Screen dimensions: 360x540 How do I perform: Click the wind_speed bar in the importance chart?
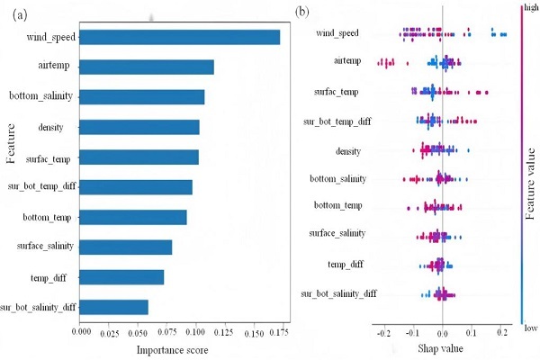click(x=180, y=37)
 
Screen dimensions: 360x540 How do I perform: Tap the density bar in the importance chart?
click(x=139, y=127)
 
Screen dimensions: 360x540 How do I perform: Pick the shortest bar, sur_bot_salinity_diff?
click(x=114, y=308)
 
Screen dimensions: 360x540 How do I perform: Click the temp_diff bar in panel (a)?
click(x=122, y=277)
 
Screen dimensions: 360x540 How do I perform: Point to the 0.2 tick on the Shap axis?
click(x=500, y=331)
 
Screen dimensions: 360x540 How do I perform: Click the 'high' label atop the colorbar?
click(x=531, y=7)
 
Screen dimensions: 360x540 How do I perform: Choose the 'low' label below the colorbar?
click(x=530, y=328)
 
